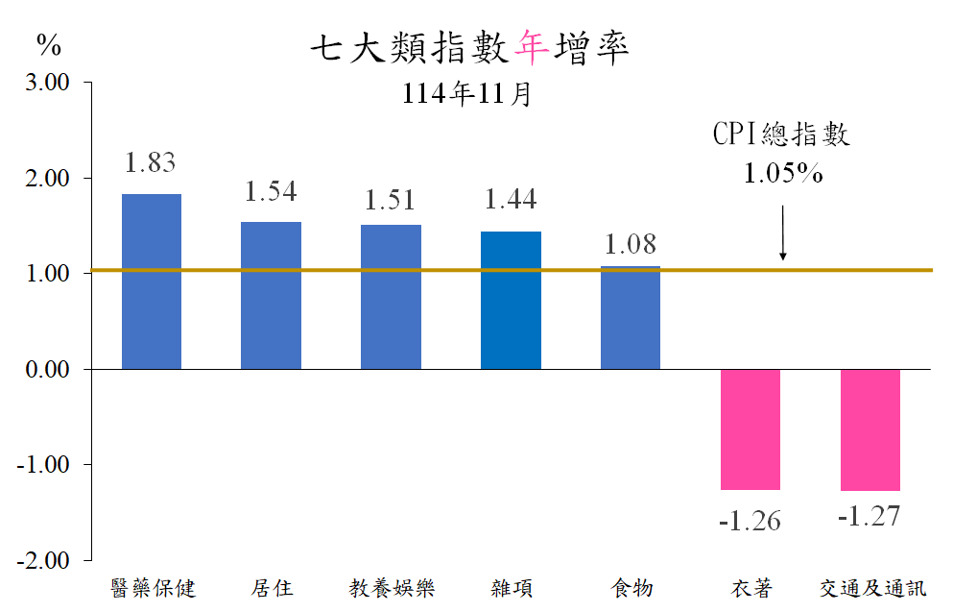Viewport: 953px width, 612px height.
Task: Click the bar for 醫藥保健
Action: (x=151, y=281)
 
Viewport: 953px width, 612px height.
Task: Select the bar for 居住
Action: (x=271, y=295)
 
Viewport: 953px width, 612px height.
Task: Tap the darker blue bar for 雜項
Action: (x=511, y=300)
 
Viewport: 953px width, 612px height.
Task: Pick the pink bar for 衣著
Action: (x=750, y=429)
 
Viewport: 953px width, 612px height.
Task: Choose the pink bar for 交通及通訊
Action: (x=870, y=430)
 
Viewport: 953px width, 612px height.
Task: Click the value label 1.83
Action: (x=151, y=162)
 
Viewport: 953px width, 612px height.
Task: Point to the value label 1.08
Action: (x=631, y=244)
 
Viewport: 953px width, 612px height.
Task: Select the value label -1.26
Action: (x=750, y=521)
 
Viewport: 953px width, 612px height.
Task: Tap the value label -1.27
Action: (x=870, y=517)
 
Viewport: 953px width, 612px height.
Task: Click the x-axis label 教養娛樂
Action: (x=391, y=587)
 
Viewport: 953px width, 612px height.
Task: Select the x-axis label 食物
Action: (x=631, y=587)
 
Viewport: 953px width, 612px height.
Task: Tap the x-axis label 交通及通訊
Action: (x=873, y=587)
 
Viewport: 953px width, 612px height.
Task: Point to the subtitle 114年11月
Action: (x=466, y=94)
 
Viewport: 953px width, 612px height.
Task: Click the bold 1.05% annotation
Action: (x=782, y=173)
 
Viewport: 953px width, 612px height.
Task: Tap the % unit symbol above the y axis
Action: (x=49, y=44)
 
